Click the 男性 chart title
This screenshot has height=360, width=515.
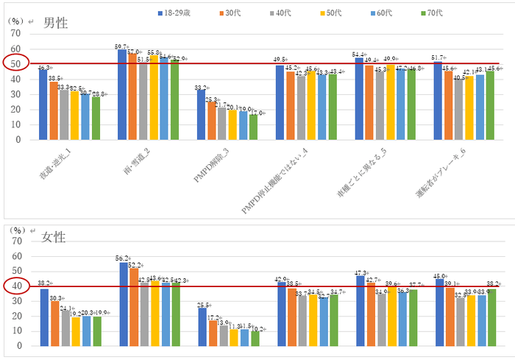(x=55, y=23)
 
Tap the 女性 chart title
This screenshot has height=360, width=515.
(x=54, y=237)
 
